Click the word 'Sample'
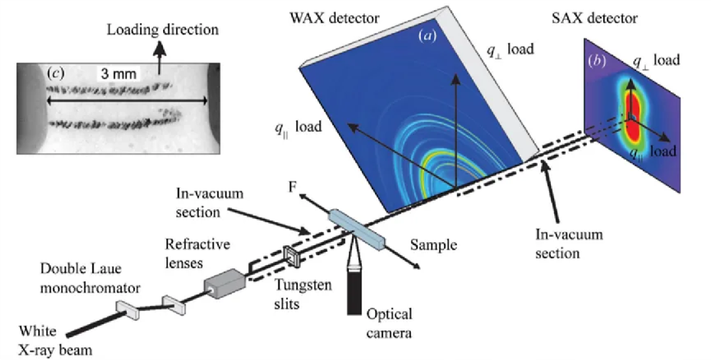click(432, 245)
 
